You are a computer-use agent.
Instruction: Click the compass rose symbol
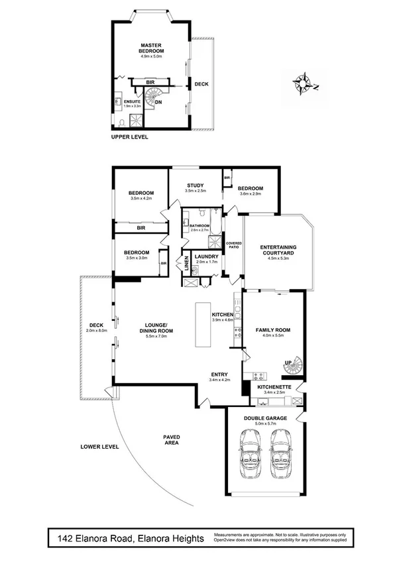click(306, 84)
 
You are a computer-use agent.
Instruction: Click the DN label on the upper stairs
click(158, 102)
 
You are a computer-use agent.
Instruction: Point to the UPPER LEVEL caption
click(129, 137)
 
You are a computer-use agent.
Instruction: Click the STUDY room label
click(194, 186)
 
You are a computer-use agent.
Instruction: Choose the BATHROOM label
click(199, 225)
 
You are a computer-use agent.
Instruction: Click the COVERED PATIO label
click(234, 245)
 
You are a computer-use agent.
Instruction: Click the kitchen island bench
click(202, 324)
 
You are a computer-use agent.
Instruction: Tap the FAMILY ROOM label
click(273, 329)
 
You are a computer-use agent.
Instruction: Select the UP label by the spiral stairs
click(287, 362)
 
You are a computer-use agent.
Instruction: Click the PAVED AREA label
click(172, 440)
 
